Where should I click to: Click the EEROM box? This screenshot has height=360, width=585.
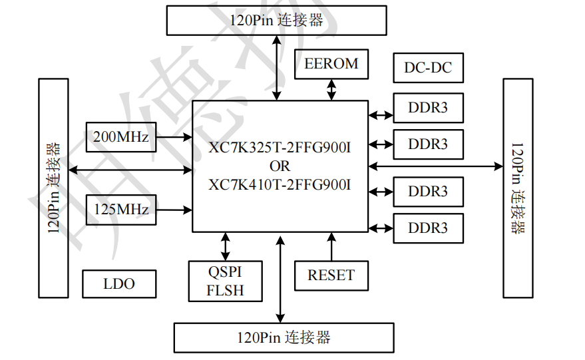(331, 64)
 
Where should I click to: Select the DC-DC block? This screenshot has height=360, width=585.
(429, 68)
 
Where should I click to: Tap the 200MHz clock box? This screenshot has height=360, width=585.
(121, 137)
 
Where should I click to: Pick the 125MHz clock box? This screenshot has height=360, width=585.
(121, 210)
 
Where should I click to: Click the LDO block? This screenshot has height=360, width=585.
(119, 284)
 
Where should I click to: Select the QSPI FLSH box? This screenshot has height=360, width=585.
(226, 281)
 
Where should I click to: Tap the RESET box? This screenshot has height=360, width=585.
(331, 275)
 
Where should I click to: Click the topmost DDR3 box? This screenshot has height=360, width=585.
(429, 108)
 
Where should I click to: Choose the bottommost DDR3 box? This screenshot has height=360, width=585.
(429, 228)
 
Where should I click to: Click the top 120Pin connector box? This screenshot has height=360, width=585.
(276, 21)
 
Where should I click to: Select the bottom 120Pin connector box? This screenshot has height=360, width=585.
(284, 337)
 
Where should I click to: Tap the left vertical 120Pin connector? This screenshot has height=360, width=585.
(53, 188)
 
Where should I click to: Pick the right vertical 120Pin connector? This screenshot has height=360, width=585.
(518, 188)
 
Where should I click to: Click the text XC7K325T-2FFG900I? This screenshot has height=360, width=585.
(280, 148)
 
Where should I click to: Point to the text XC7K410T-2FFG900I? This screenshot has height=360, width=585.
(280, 185)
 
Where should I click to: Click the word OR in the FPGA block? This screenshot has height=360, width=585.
(280, 166)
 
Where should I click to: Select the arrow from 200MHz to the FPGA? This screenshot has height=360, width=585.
(174, 137)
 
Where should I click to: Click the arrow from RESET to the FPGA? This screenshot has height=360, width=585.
(331, 247)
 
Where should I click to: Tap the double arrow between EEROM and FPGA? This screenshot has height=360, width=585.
(331, 90)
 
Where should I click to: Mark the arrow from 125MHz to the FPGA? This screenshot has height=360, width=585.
(174, 210)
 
